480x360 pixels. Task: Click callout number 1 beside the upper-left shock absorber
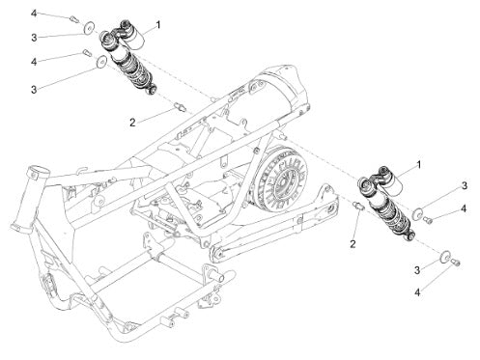[157, 24]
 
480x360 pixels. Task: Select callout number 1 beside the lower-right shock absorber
[418, 165]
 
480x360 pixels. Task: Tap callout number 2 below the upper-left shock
[132, 123]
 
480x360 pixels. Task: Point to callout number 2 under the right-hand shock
[353, 244]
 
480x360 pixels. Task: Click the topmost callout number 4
[34, 14]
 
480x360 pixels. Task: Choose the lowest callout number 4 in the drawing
[417, 292]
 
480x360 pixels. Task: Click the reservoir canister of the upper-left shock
[133, 37]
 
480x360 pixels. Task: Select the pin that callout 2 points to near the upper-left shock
[181, 107]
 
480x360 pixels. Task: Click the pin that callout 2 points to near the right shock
[358, 206]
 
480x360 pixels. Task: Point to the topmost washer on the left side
[89, 27]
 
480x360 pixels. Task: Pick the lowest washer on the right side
[446, 258]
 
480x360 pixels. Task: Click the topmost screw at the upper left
[74, 19]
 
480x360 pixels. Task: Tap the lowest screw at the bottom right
[456, 263]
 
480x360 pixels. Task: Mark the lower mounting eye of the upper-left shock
[152, 90]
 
